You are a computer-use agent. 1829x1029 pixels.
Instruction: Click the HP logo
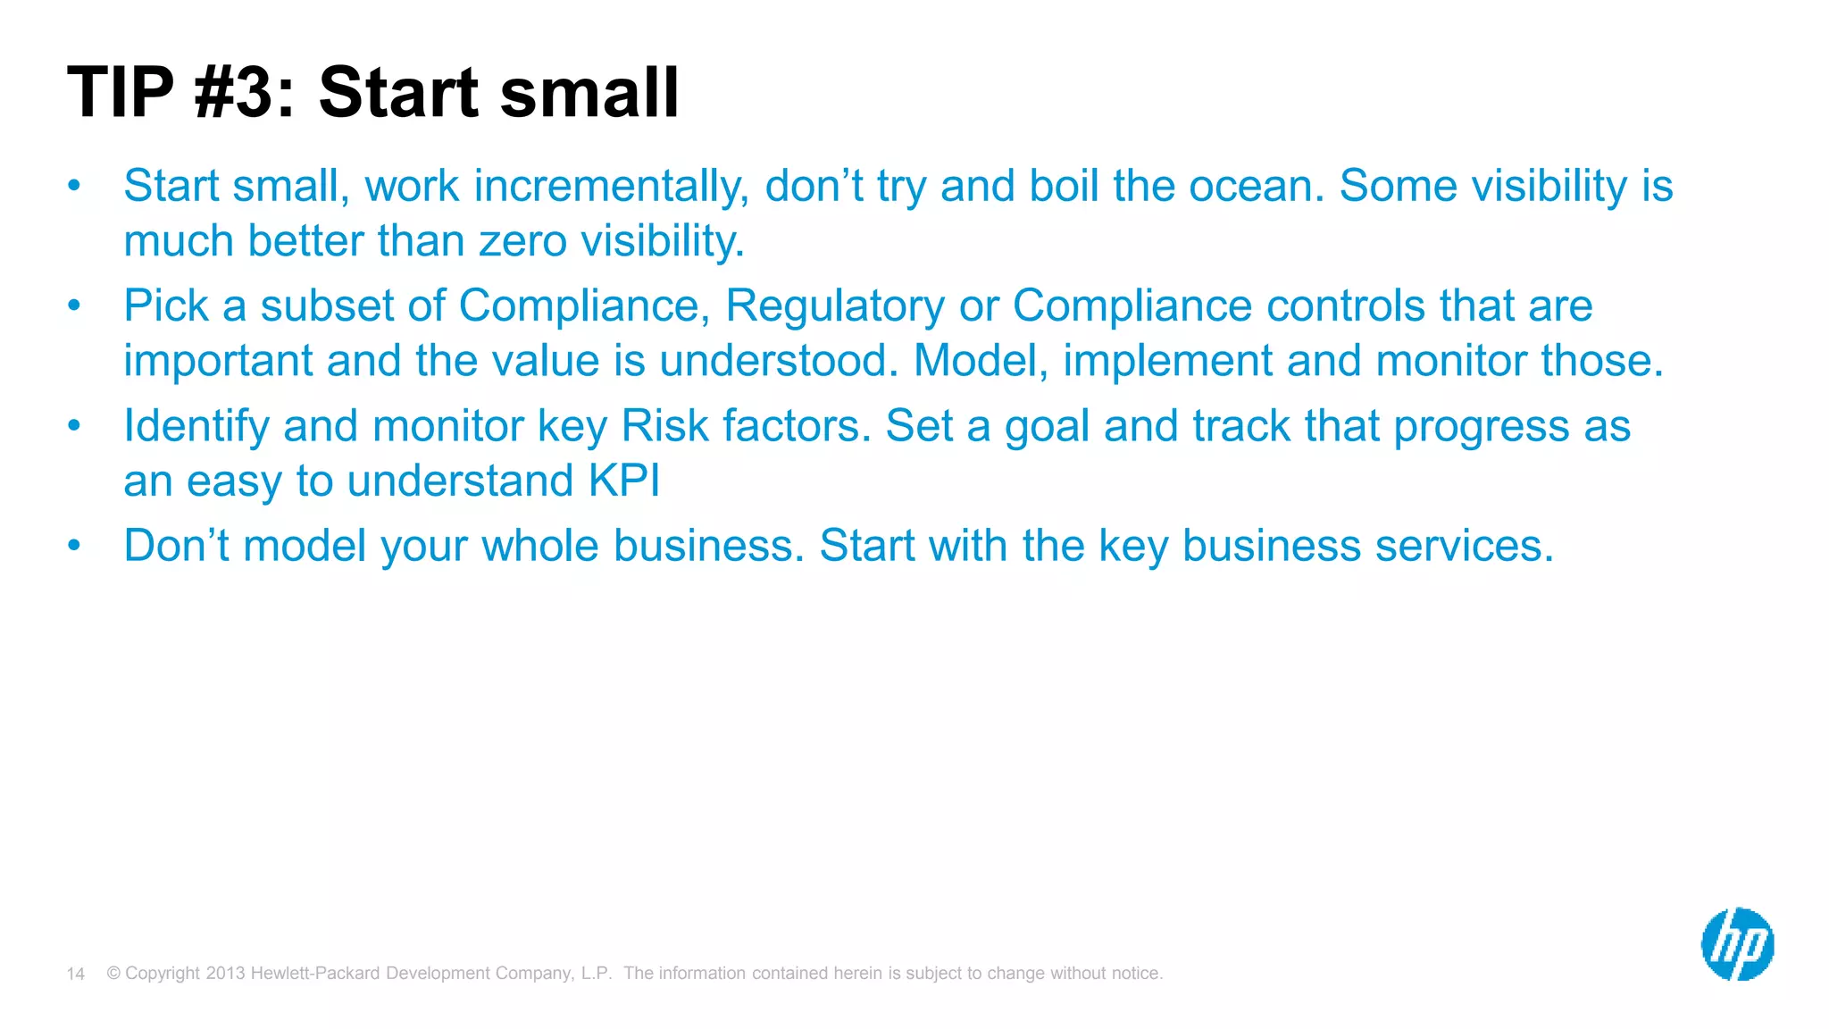click(x=1737, y=944)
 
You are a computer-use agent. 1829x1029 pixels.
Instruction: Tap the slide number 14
click(x=76, y=974)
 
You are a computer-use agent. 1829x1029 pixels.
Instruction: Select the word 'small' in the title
click(x=589, y=93)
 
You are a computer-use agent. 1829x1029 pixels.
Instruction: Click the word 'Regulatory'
click(x=834, y=306)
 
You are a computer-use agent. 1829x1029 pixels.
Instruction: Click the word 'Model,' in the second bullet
click(x=981, y=362)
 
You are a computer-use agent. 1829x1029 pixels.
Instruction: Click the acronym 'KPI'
click(x=624, y=481)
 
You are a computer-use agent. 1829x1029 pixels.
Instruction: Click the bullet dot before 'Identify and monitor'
click(x=74, y=425)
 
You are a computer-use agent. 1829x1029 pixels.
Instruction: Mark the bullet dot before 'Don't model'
click(x=74, y=545)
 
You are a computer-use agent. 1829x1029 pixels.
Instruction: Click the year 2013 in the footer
click(x=225, y=974)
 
